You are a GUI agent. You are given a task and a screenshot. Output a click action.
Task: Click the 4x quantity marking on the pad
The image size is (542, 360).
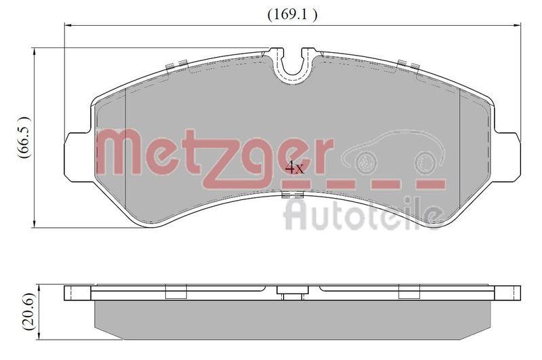coord(295,167)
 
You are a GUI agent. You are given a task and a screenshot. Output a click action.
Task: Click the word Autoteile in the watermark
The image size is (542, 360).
coord(362,212)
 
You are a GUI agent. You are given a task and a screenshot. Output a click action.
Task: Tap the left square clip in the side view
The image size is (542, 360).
coord(176,292)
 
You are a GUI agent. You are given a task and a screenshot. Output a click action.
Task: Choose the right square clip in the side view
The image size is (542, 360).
coord(409,292)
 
